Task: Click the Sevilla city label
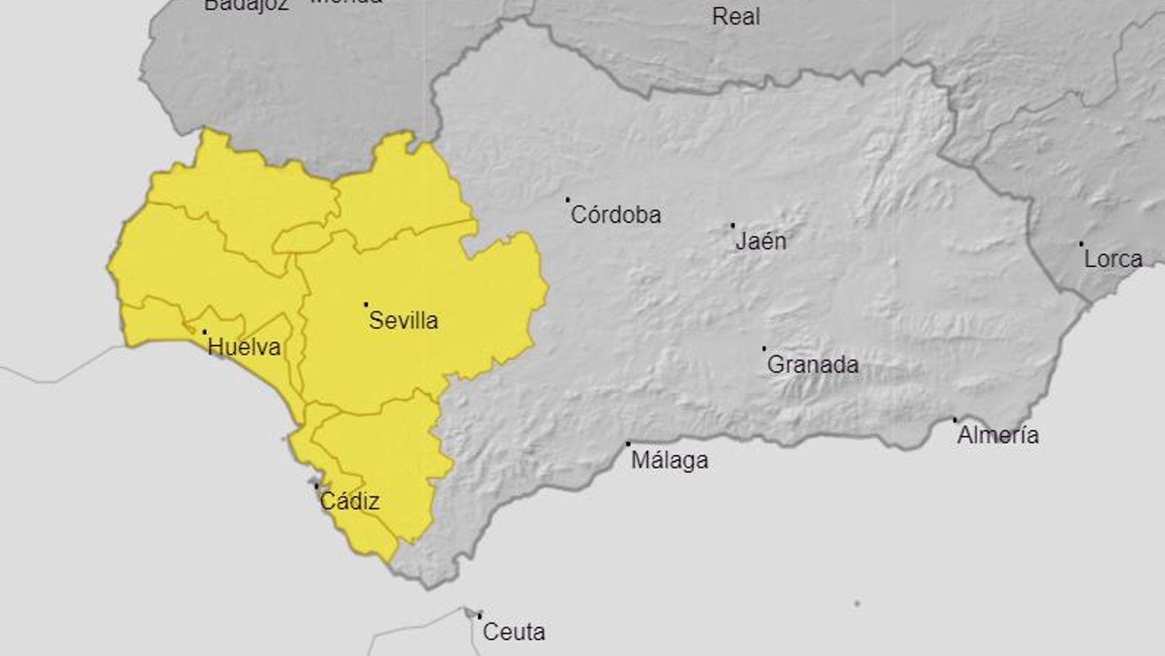pos(403,320)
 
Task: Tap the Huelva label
pos(244,347)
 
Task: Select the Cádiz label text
pos(349,501)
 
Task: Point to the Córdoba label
pos(616,215)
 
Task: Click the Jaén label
pos(761,241)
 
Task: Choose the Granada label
pos(813,364)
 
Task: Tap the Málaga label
pos(669,461)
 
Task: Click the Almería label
pos(998,436)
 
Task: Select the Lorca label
pos(1113,259)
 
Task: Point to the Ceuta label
pos(513,632)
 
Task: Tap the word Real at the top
pos(735,17)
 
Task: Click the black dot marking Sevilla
pos(366,305)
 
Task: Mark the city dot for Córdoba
pos(568,199)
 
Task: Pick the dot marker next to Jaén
pos(732,225)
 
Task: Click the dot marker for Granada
pos(764,348)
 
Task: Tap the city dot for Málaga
pos(628,443)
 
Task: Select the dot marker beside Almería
pos(955,420)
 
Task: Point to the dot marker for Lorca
pos(1081,243)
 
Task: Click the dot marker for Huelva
pos(204,332)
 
